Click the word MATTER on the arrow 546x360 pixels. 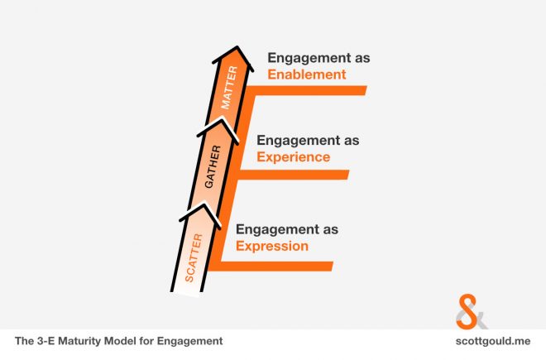[x=229, y=88]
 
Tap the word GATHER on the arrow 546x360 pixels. [x=213, y=167]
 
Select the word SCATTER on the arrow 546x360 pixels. [x=194, y=258]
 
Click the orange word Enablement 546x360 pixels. [x=307, y=74]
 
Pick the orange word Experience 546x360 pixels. [x=294, y=157]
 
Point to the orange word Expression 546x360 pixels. [x=272, y=247]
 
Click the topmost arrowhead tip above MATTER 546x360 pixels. [x=237, y=46]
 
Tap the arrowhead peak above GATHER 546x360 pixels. [x=221, y=119]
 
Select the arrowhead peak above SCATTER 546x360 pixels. [x=204, y=204]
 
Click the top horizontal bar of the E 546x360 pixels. [x=306, y=90]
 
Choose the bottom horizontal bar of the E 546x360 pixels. [x=271, y=266]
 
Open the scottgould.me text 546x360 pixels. [x=493, y=341]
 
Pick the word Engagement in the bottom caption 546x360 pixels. [x=189, y=342]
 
